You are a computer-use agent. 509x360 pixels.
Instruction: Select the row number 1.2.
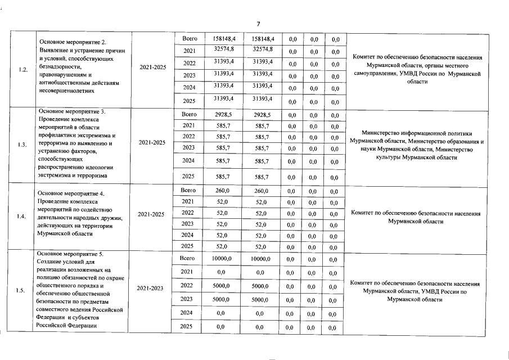(23, 70)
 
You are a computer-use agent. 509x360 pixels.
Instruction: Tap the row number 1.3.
(23, 144)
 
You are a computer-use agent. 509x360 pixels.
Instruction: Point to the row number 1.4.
(23, 216)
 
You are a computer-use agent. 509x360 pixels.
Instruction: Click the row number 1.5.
(23, 290)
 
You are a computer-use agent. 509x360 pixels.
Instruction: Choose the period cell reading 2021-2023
(150, 288)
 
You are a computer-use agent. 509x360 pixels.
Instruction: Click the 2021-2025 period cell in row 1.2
(152, 67)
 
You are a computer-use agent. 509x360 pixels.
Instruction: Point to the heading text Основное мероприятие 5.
(71, 254)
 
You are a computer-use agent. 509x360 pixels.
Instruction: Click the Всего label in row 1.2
(190, 38)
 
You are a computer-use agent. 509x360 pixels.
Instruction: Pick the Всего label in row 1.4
(188, 191)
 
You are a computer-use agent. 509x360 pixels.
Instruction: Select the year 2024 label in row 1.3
(189, 160)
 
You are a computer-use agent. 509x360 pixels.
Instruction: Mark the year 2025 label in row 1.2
(190, 100)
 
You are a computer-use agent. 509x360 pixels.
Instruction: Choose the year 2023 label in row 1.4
(188, 224)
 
